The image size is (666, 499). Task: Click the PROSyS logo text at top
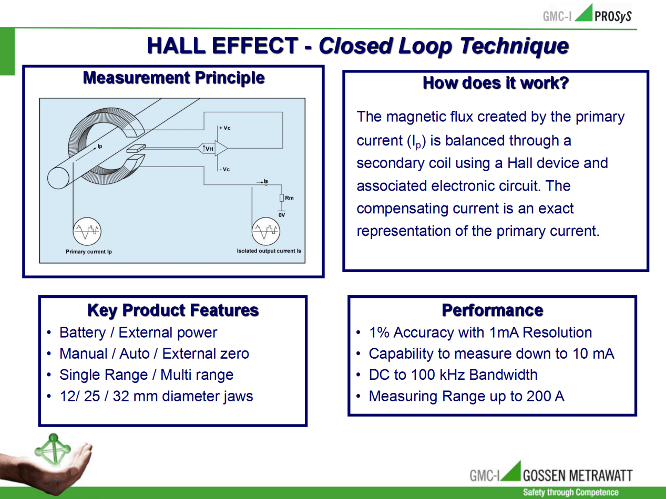pos(613,16)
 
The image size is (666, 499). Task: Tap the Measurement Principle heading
pos(174,78)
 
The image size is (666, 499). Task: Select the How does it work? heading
pos(496,83)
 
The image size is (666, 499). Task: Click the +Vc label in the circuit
pos(225,128)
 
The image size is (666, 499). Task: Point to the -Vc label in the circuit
pos(225,169)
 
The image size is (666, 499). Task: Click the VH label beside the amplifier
pos(209,149)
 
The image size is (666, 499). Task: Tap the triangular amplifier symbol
pos(221,148)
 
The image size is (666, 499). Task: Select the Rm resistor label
pos(289,198)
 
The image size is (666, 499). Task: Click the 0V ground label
pos(282,215)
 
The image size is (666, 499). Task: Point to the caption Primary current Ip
pos(89,252)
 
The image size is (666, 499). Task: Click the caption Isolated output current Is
pos(269,251)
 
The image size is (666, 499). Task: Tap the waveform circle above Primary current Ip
pos(87,231)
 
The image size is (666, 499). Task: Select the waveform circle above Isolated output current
pos(266,231)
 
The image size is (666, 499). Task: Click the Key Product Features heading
pos(173,310)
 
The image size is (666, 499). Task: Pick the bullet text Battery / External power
pos(138,332)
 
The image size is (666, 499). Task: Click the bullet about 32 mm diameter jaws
pos(156,396)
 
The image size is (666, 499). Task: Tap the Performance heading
pos(493,310)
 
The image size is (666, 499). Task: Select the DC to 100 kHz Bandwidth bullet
pos(453,375)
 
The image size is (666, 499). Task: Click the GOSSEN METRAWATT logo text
pos(578,475)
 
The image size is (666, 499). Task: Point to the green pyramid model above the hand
pos(53,449)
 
